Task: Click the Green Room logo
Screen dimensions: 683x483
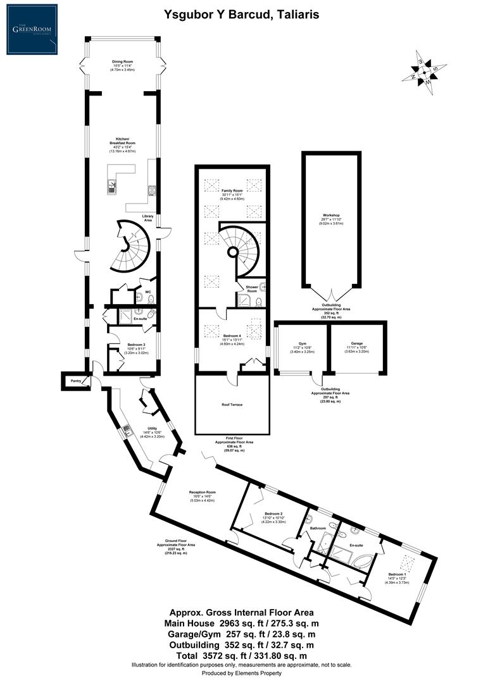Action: click(x=30, y=30)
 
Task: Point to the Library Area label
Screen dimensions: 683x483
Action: click(x=148, y=218)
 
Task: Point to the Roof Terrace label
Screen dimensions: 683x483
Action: click(x=232, y=404)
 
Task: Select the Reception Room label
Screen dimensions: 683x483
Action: click(x=203, y=492)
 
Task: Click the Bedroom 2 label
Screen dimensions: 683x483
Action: click(x=273, y=514)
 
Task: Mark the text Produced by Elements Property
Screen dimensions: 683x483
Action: click(x=241, y=674)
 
